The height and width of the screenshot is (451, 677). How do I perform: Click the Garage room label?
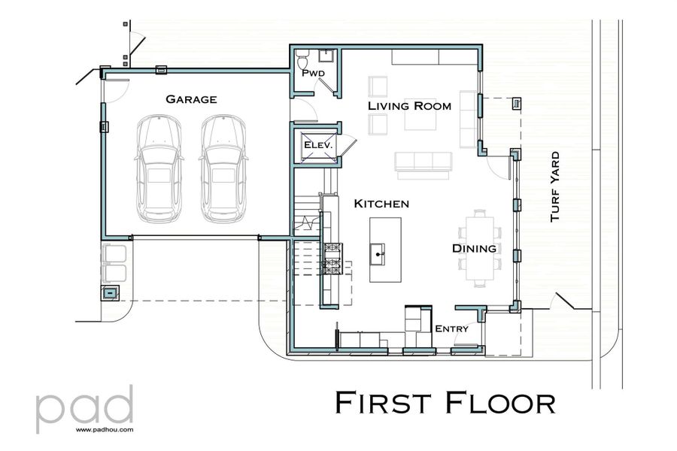[191, 99]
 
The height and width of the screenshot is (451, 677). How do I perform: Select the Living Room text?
[409, 106]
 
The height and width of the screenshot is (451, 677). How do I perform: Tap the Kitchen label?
[381, 204]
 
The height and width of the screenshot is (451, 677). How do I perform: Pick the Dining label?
[474, 248]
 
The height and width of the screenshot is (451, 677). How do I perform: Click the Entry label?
[451, 328]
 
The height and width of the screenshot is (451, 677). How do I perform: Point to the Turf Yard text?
[555, 186]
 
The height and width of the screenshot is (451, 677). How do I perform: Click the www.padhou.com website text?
[105, 431]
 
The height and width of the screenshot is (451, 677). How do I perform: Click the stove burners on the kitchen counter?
[332, 256]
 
